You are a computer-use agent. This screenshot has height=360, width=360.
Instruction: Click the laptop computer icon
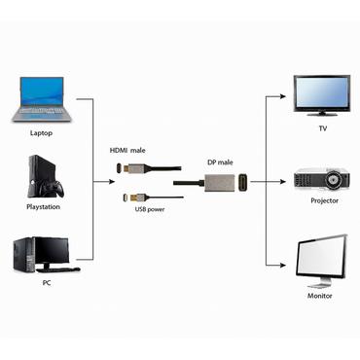pos(40,100)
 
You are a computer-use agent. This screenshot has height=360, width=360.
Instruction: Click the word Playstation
pos(42,207)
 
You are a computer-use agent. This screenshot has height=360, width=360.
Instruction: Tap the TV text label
pos(322,128)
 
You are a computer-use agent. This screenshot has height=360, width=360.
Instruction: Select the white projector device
pos(321,179)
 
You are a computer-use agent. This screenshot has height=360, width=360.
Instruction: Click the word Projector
pos(324,201)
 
